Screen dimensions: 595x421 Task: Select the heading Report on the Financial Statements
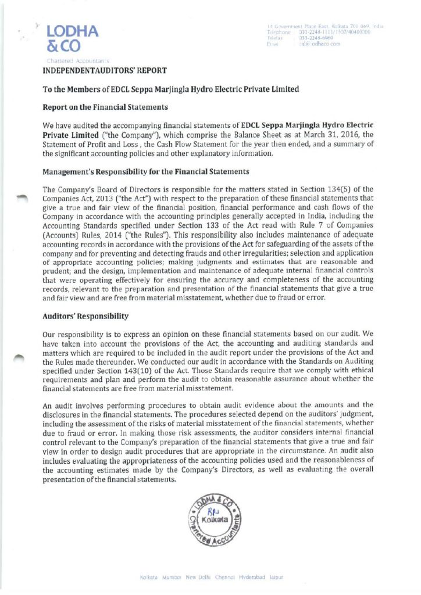coord(106,107)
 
